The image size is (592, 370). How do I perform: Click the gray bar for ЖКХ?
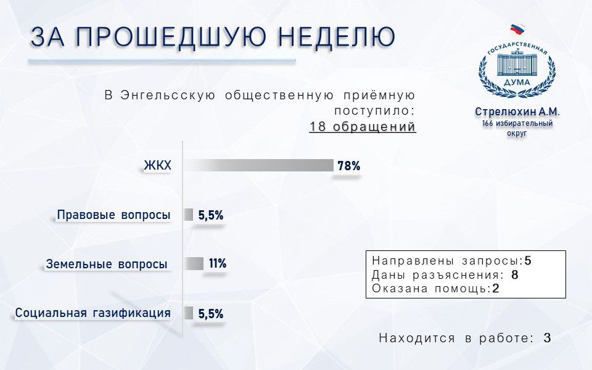click(x=259, y=165)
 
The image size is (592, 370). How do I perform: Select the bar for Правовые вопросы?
click(x=189, y=215)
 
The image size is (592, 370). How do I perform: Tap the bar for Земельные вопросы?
click(x=194, y=263)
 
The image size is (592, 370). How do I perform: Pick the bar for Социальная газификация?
click(x=189, y=313)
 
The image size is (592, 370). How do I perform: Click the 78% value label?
click(x=349, y=166)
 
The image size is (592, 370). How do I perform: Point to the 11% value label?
click(x=218, y=263)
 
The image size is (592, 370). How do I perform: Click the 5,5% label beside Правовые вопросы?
click(x=211, y=215)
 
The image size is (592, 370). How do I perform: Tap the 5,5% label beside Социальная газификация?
click(x=211, y=314)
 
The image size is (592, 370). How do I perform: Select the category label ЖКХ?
click(x=157, y=165)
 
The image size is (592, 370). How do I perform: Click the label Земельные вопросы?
click(x=107, y=264)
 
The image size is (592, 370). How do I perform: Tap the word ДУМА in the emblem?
click(x=517, y=82)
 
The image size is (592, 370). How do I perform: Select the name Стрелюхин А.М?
click(x=517, y=112)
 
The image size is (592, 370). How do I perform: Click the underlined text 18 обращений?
click(x=363, y=126)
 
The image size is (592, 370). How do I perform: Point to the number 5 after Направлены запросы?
click(x=528, y=260)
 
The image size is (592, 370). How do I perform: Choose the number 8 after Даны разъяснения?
click(x=514, y=274)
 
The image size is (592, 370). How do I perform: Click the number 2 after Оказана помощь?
click(x=496, y=289)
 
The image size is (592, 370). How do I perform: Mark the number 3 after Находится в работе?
click(x=548, y=338)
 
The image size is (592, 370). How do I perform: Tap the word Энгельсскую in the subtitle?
click(x=168, y=96)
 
